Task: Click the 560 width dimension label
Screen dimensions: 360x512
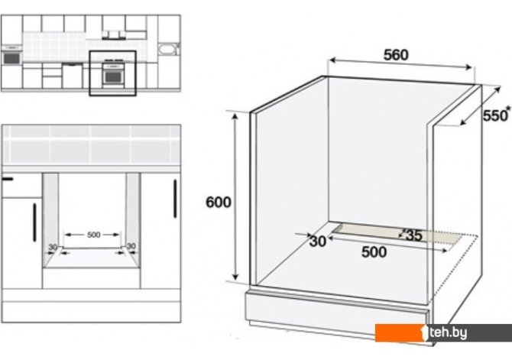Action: (x=396, y=55)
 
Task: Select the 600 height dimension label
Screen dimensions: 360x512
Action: (x=219, y=202)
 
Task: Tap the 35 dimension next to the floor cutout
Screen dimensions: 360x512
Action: (x=413, y=235)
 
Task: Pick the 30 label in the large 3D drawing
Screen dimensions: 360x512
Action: (x=318, y=241)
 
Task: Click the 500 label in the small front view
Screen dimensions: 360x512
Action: (x=92, y=233)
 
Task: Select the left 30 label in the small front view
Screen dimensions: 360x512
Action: (x=53, y=246)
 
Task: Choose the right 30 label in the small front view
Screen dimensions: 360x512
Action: (x=131, y=246)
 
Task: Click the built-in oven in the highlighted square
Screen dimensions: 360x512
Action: (x=112, y=75)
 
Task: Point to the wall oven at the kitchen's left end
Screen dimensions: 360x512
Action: (x=11, y=57)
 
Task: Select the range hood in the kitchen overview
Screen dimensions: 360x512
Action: (x=115, y=33)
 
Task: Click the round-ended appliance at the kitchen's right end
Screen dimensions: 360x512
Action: (x=167, y=50)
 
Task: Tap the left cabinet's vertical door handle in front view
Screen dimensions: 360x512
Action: (x=35, y=222)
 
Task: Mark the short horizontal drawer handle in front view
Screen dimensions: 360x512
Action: (x=8, y=180)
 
